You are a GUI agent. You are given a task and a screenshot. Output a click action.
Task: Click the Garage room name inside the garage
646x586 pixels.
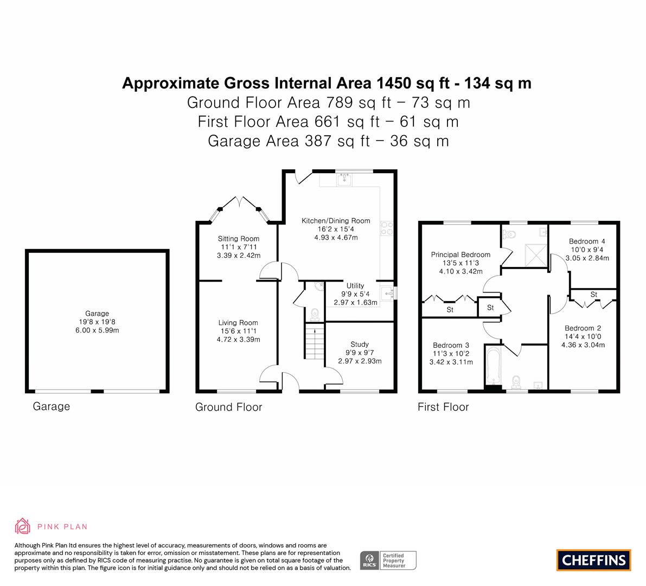tap(97, 313)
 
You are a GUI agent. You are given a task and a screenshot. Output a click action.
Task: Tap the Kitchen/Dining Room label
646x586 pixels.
tap(336, 220)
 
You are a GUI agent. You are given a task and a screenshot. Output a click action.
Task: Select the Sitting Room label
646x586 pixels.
tap(239, 238)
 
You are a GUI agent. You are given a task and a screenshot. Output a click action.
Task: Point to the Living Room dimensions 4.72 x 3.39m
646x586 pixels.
tap(239, 340)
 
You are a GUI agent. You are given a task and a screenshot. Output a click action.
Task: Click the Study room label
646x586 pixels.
tap(360, 344)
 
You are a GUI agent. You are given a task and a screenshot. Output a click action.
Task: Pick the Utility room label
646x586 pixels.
tap(355, 285)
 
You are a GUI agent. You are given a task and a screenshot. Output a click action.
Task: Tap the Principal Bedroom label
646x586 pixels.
tap(460, 254)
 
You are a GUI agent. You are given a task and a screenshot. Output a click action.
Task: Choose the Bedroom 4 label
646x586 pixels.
tap(587, 241)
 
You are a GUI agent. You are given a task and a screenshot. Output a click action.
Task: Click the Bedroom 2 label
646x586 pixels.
tap(583, 328)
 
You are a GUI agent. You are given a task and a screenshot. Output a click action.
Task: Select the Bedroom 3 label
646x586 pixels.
tap(451, 345)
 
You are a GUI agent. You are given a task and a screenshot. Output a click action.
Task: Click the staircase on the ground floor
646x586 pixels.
tap(315, 341)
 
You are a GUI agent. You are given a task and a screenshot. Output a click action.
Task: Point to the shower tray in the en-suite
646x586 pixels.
tap(535, 256)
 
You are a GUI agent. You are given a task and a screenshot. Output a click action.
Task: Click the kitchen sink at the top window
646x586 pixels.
tap(344, 179)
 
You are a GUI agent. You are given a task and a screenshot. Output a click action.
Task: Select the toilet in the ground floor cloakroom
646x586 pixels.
tap(315, 314)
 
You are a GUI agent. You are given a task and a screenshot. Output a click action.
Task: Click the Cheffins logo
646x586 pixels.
tap(594, 560)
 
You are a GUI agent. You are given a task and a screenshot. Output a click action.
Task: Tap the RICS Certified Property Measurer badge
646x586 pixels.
tap(388, 560)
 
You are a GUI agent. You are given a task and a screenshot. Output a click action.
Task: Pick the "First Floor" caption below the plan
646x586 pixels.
tap(443, 407)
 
